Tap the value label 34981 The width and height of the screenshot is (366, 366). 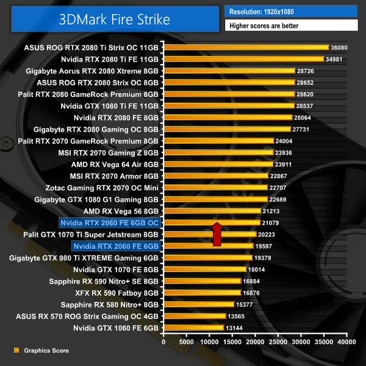(x=337, y=59)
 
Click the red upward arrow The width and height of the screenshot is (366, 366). (x=217, y=234)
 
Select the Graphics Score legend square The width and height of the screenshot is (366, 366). (x=16, y=351)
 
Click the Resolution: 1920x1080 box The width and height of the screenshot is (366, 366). (x=291, y=11)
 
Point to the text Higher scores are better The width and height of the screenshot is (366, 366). (x=291, y=26)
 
